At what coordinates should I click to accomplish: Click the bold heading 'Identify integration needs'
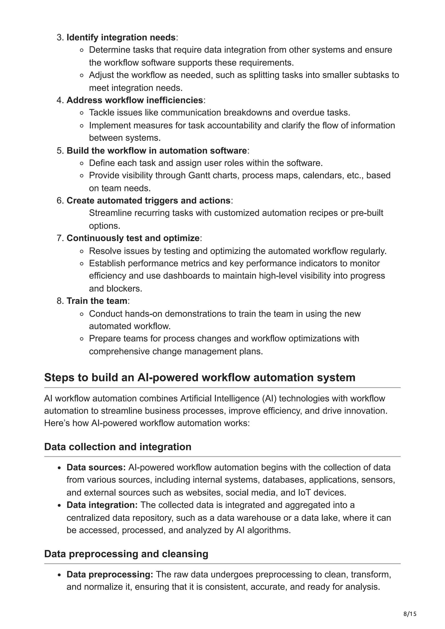121,37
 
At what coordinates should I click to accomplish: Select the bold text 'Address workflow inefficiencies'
135,100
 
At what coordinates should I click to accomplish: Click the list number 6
60,201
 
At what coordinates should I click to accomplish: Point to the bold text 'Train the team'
97,301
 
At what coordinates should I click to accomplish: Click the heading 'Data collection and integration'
118,447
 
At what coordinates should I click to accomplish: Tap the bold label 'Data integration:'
102,505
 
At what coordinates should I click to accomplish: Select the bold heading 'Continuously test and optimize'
133,238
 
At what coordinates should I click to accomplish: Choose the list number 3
60,37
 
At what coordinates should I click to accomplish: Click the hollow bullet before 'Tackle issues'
81,113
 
